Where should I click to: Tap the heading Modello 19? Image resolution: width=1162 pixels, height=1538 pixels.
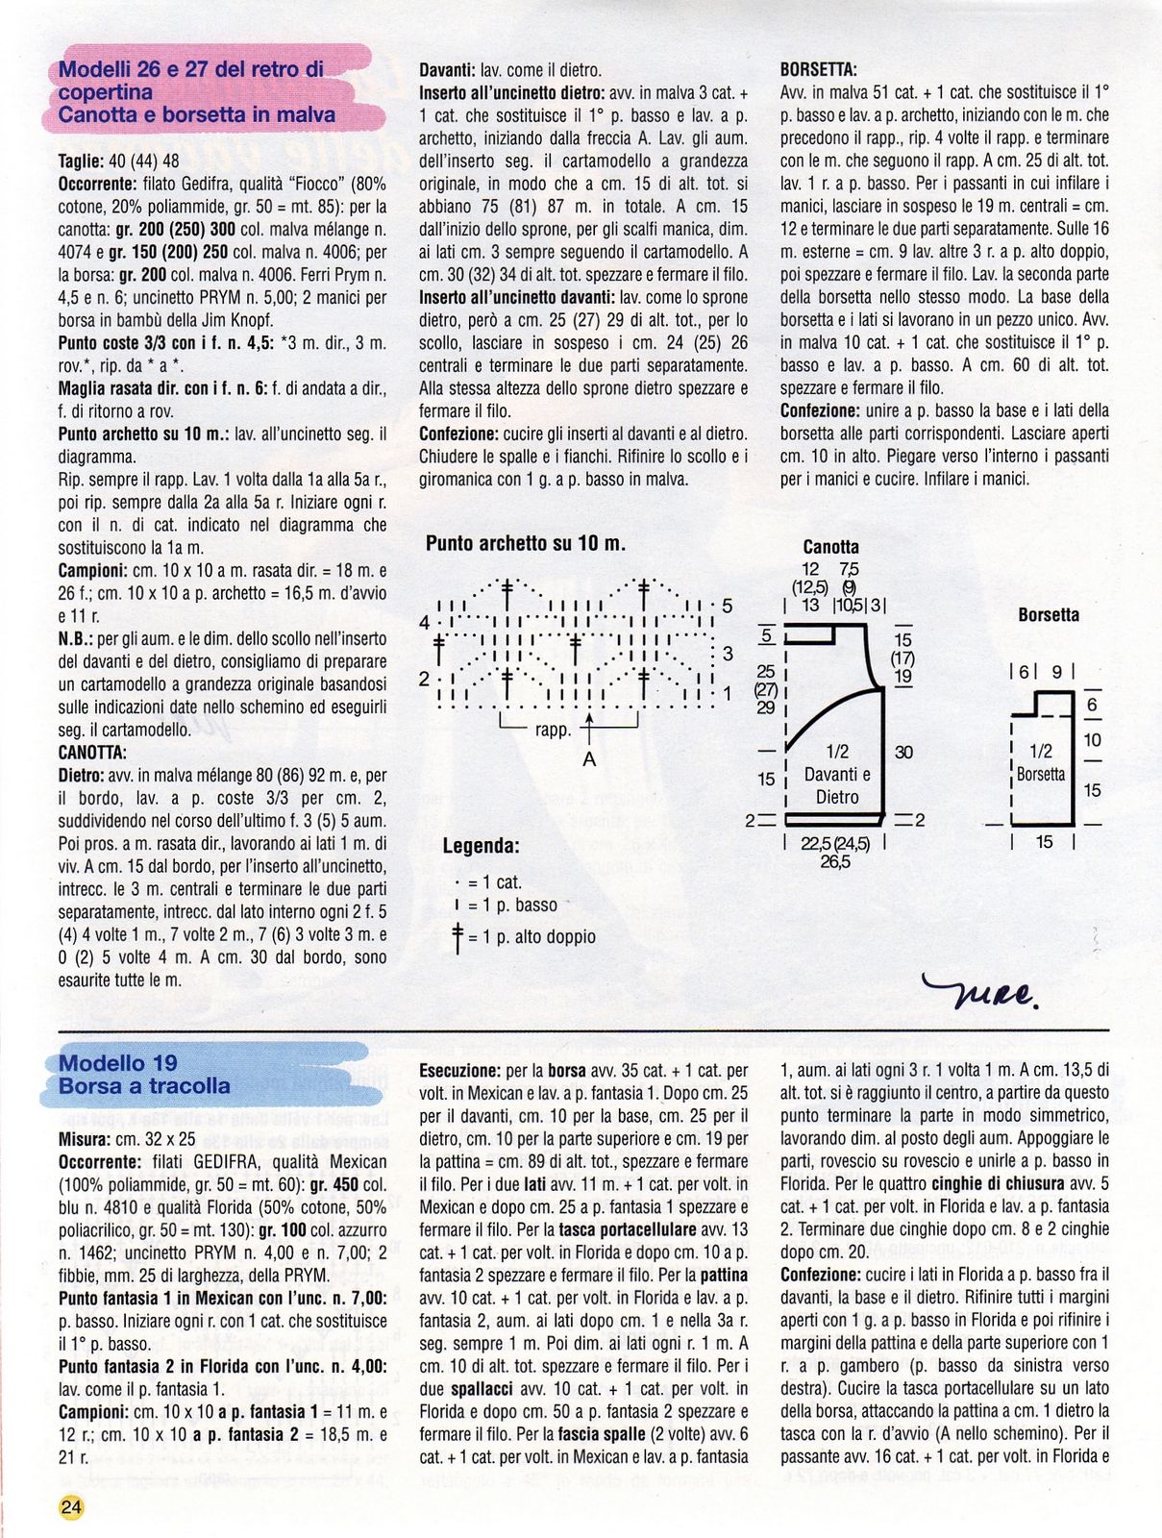coord(118,1062)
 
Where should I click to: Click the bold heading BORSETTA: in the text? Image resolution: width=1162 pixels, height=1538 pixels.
coord(819,69)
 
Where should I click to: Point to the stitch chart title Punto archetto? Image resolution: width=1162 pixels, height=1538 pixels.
coord(525,543)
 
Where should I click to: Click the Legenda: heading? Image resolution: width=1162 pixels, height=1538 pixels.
coord(481,847)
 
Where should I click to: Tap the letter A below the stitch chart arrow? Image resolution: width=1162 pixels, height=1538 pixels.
coord(590,759)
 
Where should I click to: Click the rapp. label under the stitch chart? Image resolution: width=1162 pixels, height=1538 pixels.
coord(553,730)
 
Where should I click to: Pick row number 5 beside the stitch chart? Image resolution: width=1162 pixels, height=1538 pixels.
coord(727,607)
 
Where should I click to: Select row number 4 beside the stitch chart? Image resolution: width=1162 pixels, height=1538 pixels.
coord(424,622)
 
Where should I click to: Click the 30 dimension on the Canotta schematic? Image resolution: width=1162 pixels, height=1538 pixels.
coord(903,753)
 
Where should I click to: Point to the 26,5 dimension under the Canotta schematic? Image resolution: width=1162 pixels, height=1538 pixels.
coord(834,862)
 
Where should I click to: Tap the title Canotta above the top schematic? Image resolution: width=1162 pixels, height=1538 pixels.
coord(831,548)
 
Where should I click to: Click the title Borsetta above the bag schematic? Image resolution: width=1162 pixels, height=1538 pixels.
coord(1049,614)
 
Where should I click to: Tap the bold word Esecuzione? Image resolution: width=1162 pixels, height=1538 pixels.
coord(459,1069)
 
